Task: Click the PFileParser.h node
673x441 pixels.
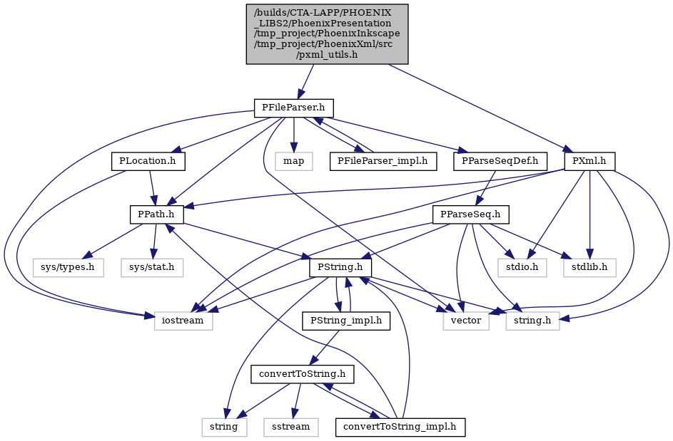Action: click(x=294, y=108)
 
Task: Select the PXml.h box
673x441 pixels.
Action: click(x=590, y=161)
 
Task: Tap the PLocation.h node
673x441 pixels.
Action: click(x=148, y=161)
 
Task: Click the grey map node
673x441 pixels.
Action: click(x=293, y=161)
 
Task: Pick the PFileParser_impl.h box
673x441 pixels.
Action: click(x=383, y=161)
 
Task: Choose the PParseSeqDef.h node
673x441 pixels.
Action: click(x=500, y=161)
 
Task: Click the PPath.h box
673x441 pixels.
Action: click(x=157, y=214)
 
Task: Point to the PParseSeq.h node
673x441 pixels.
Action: click(x=471, y=214)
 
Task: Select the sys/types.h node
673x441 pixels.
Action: click(x=69, y=268)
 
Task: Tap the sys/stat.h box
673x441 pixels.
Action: click(x=152, y=268)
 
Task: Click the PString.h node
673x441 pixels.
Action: click(x=340, y=268)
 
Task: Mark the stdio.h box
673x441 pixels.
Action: click(x=522, y=268)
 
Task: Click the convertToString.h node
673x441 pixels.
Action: click(x=303, y=375)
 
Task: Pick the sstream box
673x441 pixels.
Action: click(x=291, y=427)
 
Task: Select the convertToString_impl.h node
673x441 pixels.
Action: click(x=400, y=427)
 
